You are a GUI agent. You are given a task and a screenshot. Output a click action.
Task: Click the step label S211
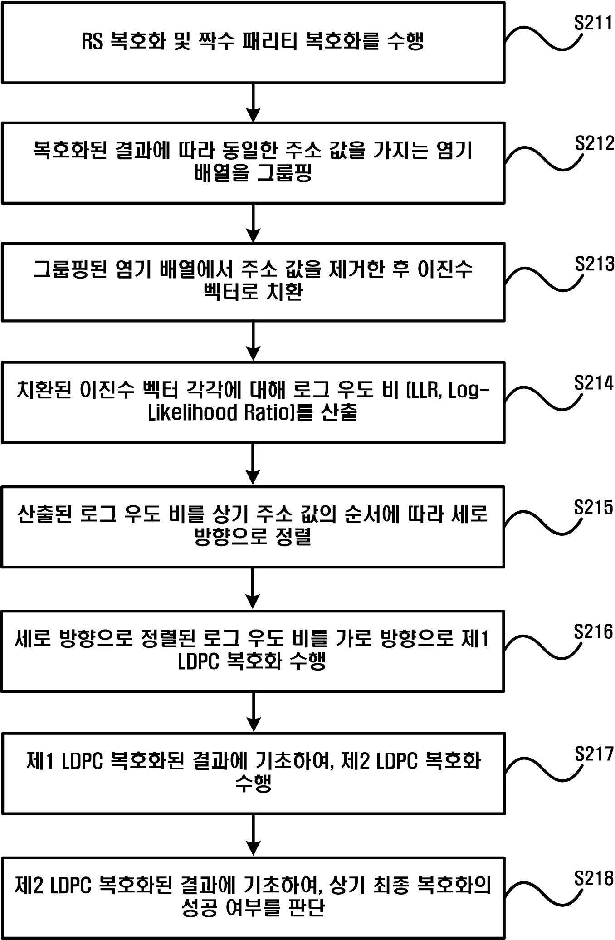coord(594,23)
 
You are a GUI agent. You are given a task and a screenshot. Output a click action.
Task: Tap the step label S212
coord(595,143)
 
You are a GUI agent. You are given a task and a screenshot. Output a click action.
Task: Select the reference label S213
coord(595,264)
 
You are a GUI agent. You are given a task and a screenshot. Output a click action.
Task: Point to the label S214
coord(594,383)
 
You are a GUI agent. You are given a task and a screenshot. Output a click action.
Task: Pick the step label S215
coord(593,508)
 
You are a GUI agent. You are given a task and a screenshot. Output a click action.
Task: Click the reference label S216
coord(593,632)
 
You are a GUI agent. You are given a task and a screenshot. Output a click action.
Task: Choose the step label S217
coord(594,754)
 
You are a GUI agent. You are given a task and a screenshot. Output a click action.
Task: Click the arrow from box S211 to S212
coord(253,103)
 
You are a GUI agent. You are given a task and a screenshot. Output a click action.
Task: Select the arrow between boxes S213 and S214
coord(253,342)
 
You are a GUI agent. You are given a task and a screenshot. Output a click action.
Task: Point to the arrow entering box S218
coord(253,836)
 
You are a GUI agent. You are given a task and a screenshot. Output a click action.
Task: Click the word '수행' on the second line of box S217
coord(253,783)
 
